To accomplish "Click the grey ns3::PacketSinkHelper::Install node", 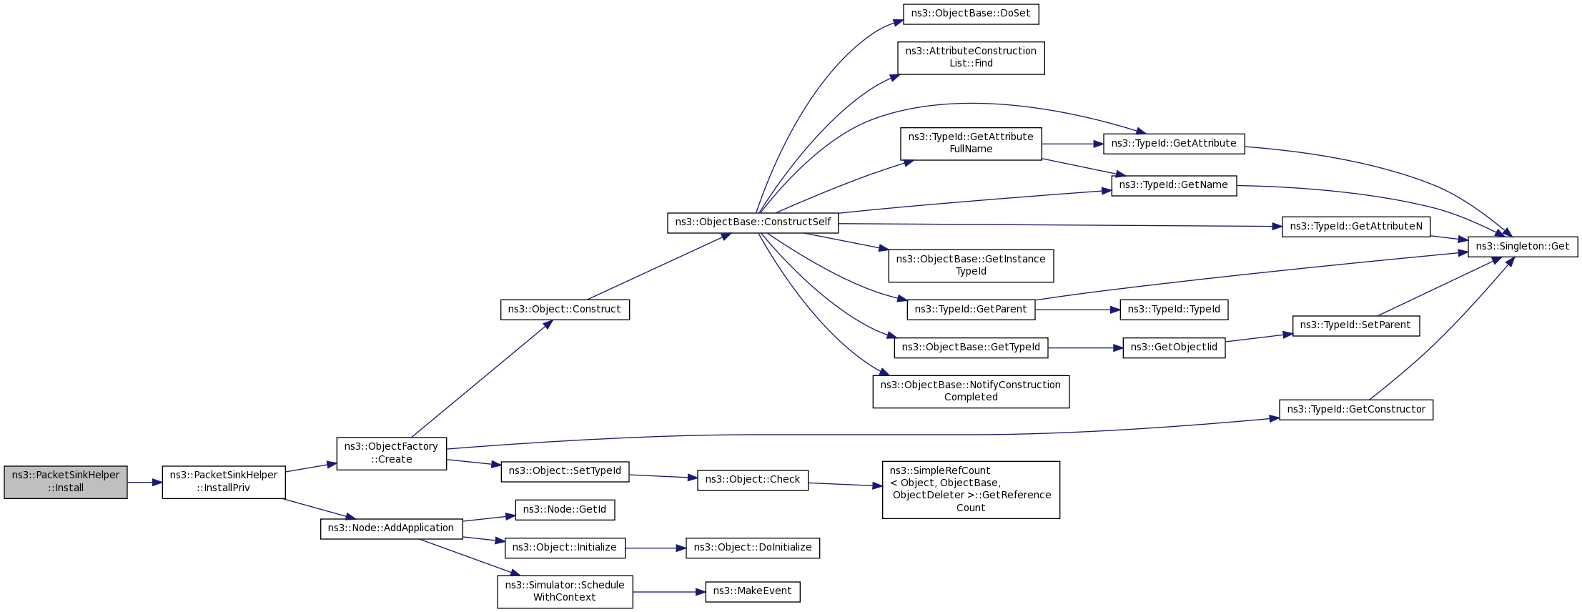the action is point(66,483).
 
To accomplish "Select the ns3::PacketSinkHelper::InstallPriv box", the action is point(224,483).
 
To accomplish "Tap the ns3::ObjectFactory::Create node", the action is point(392,453).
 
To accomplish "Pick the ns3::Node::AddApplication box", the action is point(392,528).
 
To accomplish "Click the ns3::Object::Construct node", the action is point(565,310).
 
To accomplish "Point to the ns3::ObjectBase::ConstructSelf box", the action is point(753,222).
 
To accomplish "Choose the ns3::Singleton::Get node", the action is point(1523,247).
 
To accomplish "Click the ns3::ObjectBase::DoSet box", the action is point(971,14).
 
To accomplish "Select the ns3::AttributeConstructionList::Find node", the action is point(971,57).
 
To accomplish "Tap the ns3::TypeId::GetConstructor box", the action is point(1356,410).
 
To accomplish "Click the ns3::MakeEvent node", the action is point(753,591).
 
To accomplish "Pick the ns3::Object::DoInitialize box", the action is point(753,548).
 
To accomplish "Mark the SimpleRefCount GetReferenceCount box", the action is point(971,489).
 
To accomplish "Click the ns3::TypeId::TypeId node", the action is point(1174,310).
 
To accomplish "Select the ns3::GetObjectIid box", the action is point(1174,348).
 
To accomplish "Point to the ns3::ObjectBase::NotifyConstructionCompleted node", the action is point(971,391).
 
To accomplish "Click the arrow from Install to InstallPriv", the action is point(145,483).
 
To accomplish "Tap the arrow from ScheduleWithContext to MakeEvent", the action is point(669,592).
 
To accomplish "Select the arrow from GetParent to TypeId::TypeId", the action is point(1077,310).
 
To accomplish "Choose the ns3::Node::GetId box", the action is point(565,510).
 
